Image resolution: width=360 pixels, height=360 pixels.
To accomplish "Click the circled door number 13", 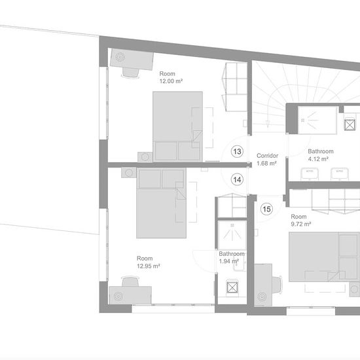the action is tap(237, 152).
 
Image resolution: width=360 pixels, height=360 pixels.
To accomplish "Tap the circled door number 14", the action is tap(237, 179).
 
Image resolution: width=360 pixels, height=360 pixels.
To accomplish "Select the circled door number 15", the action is tap(266, 209).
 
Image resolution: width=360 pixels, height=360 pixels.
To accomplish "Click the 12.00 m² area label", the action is tap(171, 81).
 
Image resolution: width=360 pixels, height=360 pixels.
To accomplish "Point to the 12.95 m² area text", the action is tap(149, 266).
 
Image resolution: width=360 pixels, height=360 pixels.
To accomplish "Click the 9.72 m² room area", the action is tap(301, 224).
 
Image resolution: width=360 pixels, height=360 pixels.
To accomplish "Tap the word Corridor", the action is tap(268, 156).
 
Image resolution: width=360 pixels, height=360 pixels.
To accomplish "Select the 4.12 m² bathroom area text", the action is tap(318, 159).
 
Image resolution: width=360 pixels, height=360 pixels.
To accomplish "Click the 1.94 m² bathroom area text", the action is tap(229, 262).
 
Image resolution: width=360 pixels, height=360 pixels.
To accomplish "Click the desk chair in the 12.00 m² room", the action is tap(130, 73).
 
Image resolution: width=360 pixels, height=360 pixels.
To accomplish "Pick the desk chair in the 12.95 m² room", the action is tap(130, 281).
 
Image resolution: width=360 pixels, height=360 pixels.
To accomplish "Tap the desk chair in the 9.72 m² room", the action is tap(277, 285).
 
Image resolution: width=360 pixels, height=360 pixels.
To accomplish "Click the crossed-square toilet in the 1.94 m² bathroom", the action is tap(232, 287).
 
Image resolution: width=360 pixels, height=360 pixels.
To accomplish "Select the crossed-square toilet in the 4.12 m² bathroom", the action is tap(350, 124).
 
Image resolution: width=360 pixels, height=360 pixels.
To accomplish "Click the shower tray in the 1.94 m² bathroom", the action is tap(232, 234).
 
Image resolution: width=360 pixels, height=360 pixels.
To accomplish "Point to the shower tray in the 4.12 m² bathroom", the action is tap(317, 120).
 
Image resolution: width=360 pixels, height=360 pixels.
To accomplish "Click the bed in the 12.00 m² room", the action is tap(177, 127).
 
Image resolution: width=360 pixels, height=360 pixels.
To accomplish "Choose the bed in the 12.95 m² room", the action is tap(161, 203).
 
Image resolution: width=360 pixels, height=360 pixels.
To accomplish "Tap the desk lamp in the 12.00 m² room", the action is tap(120, 57).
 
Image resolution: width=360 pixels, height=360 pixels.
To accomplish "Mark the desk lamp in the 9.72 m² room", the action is tap(262, 297).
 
